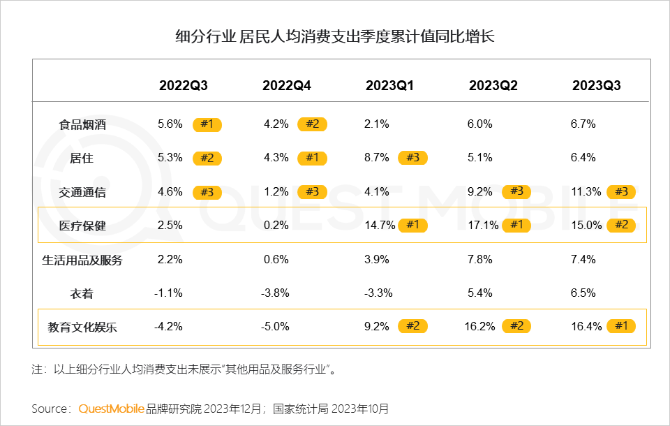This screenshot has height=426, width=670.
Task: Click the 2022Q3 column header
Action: click(x=183, y=86)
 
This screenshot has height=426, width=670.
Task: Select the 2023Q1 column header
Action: click(x=389, y=86)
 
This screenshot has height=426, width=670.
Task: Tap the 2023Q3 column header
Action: click(x=596, y=86)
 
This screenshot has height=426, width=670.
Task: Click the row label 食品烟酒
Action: click(x=82, y=125)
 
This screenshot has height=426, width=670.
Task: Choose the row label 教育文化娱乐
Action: click(x=82, y=327)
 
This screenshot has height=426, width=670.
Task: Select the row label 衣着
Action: click(x=82, y=294)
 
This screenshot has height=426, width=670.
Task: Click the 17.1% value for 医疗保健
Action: click(x=480, y=225)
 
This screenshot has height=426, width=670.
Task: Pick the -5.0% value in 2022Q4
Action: click(x=276, y=325)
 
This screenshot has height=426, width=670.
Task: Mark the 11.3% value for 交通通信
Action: click(x=584, y=191)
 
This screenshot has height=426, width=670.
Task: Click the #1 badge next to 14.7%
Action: click(x=413, y=225)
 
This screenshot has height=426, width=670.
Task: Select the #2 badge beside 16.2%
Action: click(x=516, y=326)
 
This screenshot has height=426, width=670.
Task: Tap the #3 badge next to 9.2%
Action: click(x=516, y=191)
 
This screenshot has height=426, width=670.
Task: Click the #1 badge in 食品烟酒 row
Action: click(x=207, y=124)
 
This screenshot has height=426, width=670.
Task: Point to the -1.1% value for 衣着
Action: click(x=168, y=293)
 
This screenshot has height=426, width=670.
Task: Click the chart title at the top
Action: click(x=335, y=36)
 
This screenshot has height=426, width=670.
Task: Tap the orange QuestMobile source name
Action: click(x=112, y=409)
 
